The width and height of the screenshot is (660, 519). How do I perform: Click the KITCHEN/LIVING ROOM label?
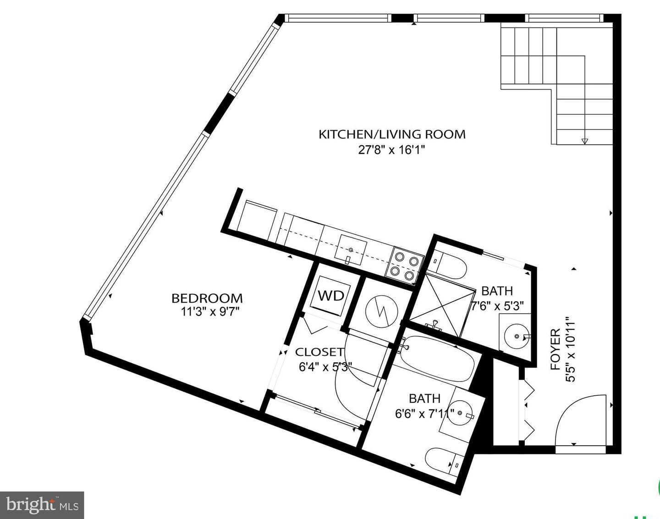click(x=392, y=134)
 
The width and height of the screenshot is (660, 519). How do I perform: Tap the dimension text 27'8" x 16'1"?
click(x=392, y=150)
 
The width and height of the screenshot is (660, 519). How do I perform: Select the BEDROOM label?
click(x=207, y=298)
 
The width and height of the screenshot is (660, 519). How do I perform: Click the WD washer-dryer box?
click(x=331, y=296)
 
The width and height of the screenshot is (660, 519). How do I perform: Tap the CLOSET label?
click(x=319, y=352)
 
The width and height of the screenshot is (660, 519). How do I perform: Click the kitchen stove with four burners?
click(x=405, y=265)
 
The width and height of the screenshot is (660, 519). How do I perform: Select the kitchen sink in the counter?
click(x=351, y=250)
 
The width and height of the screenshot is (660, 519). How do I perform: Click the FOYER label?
click(x=555, y=349)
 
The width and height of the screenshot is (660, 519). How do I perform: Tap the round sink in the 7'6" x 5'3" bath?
click(x=517, y=336)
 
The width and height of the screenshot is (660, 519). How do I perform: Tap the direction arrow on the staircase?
click(x=584, y=141)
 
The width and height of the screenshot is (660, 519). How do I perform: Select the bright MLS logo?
click(x=42, y=505)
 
